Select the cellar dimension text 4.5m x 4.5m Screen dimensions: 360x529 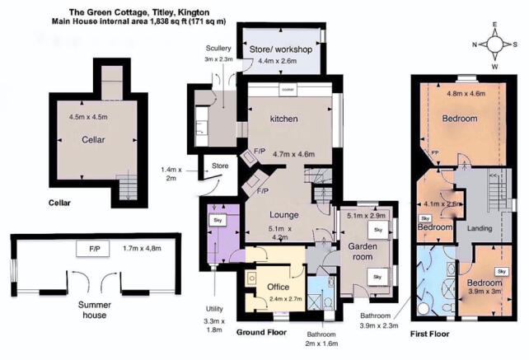[x=89, y=118]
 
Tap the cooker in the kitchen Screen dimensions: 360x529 [x=288, y=89]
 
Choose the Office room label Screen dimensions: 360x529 [x=279, y=288]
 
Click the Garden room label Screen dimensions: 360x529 [x=360, y=251]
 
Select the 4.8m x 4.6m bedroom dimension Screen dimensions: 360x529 [x=467, y=94]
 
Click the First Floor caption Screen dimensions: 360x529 [x=433, y=336]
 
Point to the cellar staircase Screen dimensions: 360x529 [x=126, y=188]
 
